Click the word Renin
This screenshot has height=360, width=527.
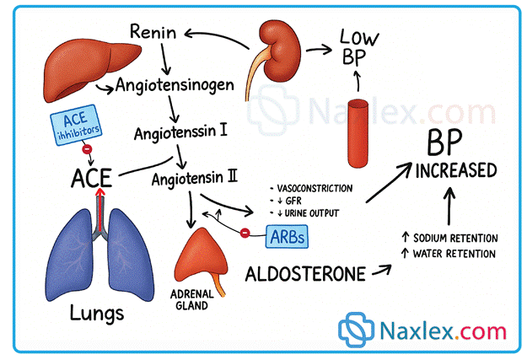point(154,33)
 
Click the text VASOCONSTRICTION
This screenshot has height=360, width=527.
point(310,188)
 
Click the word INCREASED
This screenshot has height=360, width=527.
point(454,171)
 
